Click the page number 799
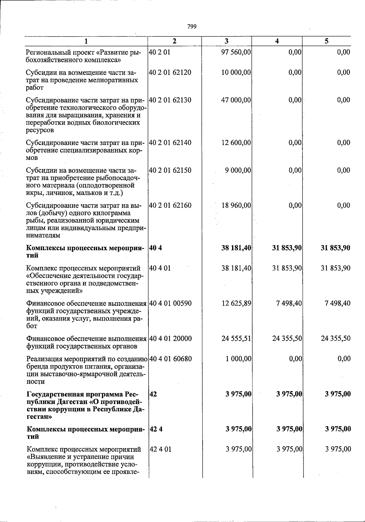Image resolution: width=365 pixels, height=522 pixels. click(192, 27)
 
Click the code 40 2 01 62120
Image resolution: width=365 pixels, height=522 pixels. click(170, 72)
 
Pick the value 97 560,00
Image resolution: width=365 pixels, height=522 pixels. click(236, 52)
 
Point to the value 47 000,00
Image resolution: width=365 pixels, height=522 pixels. click(236, 100)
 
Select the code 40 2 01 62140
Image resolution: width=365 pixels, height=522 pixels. click(170, 143)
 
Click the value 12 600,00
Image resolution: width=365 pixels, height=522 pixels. click(236, 143)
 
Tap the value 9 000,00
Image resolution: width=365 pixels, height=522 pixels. click(238, 170)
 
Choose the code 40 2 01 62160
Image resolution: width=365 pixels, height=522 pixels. click(170, 206)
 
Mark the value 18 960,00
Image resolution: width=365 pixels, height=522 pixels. click(236, 206)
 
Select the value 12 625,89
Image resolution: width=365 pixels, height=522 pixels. click(236, 303)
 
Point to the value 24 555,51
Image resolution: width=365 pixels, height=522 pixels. click(236, 338)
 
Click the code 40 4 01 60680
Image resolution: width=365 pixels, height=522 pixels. click(170, 359)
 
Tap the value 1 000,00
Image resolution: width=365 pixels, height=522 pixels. click(238, 359)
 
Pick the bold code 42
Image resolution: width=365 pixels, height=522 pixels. click(153, 394)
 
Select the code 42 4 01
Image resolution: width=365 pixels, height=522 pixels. click(160, 449)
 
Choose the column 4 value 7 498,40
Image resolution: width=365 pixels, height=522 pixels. click(287, 303)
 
